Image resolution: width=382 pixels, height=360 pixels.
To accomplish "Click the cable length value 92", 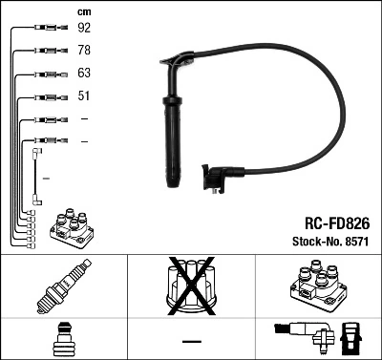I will [83, 29].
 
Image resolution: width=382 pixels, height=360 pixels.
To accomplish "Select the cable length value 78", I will [83, 51].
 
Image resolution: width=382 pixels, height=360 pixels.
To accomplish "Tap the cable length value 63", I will [83, 74].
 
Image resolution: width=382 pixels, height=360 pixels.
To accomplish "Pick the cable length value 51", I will [83, 96].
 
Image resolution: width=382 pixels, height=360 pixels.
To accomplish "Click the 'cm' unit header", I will [83, 11].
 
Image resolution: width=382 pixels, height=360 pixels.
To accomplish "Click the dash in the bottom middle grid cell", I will [190, 340].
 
